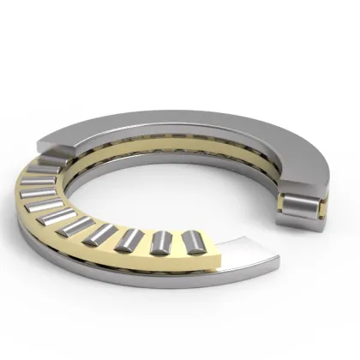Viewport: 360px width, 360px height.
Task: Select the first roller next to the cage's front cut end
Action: (x=195, y=243)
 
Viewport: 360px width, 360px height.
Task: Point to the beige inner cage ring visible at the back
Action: (x=171, y=154)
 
